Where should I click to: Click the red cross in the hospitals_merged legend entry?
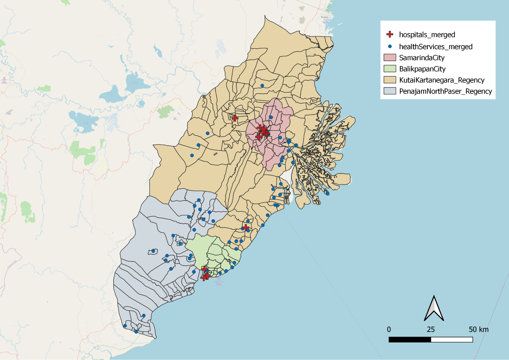[390, 34]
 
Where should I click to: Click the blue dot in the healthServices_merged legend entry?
[390, 46]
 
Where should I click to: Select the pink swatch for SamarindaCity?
[390, 58]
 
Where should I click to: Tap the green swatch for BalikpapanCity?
[390, 69]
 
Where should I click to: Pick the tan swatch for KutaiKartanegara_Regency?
[390, 80]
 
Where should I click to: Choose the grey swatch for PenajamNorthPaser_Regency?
[390, 91]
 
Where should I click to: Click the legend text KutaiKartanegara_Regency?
[442, 80]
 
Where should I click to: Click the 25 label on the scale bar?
[431, 329]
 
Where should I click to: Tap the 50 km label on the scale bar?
[478, 329]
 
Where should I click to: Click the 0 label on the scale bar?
[389, 329]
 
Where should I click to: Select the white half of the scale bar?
[452, 340]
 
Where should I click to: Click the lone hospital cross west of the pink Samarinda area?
[235, 118]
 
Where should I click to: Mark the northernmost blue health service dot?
[262, 86]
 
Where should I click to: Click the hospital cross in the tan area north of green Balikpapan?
[246, 227]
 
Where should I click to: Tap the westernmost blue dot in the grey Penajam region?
[125, 326]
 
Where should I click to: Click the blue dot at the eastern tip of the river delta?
[327, 193]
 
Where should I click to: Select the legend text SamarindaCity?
[422, 58]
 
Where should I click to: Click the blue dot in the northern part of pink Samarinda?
[271, 117]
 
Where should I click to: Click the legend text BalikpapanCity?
[422, 69]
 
